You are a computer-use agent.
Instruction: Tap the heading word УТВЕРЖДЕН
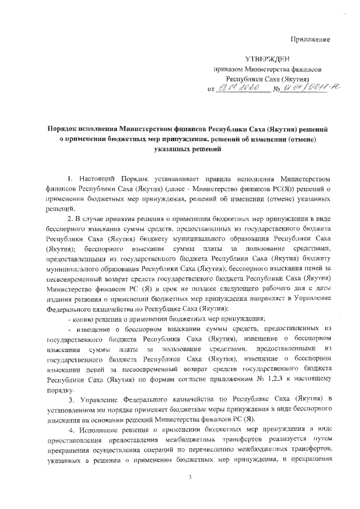269,58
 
